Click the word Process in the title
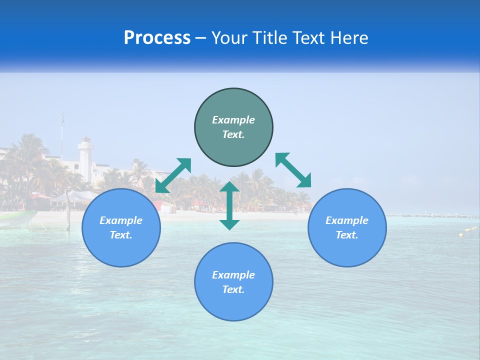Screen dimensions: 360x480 157,38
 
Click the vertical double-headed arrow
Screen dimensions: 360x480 229,205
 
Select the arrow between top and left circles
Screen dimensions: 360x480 173,175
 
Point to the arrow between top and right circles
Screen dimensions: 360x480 293,170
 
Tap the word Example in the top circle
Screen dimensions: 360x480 233,120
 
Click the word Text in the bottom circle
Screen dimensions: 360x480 233,289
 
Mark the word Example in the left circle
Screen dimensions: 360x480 121,220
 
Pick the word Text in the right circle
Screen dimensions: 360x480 346,235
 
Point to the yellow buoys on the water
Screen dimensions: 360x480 467,231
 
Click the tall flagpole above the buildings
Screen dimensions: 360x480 62,135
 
